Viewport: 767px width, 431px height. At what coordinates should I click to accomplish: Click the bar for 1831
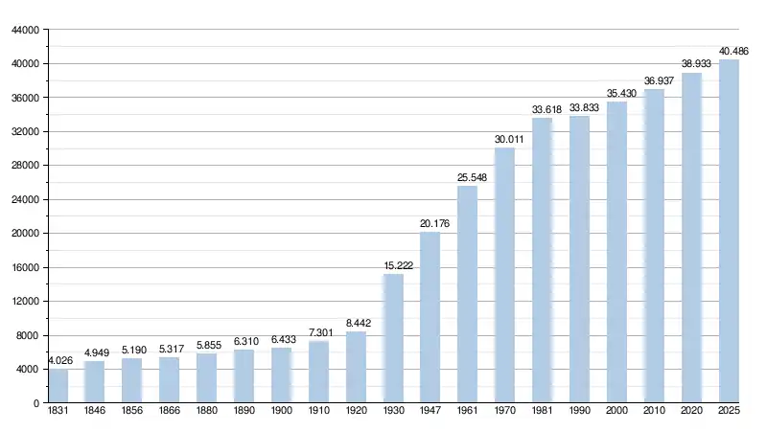(58, 386)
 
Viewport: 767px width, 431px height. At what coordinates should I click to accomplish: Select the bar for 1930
(393, 338)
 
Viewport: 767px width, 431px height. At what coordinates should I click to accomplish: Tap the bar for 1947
(430, 317)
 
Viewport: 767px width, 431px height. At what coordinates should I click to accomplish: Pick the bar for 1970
(505, 276)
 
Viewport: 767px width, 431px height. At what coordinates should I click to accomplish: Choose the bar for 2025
(730, 231)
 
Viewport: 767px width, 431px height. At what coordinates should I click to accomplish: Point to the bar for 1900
(281, 375)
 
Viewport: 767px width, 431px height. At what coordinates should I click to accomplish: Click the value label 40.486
(733, 51)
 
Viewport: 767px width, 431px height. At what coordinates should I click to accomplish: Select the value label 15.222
(397, 265)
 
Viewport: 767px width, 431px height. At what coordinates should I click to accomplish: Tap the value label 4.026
(59, 360)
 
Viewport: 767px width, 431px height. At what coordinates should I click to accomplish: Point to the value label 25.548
(472, 177)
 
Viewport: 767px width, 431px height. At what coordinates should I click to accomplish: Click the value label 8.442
(360, 323)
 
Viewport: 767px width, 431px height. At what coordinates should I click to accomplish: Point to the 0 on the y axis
(35, 403)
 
